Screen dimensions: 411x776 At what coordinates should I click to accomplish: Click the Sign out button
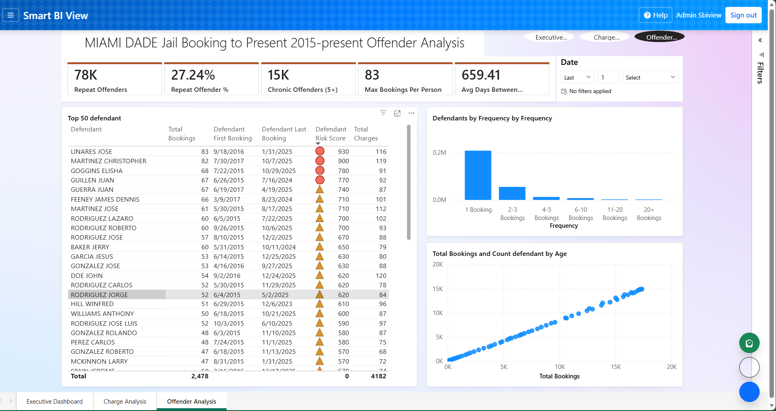[x=743, y=15]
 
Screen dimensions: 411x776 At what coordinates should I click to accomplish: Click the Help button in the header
[x=656, y=15]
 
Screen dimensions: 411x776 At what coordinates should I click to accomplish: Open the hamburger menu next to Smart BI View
[x=11, y=16]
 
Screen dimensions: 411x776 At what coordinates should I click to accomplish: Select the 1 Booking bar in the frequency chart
[x=478, y=176]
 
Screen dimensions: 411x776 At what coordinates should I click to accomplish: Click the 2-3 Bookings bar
[x=512, y=193]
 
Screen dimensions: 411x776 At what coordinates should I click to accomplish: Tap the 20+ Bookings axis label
[x=649, y=213]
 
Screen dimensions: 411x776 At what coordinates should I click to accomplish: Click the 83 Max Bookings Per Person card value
[x=372, y=75]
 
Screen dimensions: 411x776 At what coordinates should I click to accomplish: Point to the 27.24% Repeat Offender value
[x=193, y=75]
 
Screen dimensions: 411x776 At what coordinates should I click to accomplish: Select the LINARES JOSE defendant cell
[x=91, y=151]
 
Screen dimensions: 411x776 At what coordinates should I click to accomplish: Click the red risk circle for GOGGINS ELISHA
[x=320, y=171]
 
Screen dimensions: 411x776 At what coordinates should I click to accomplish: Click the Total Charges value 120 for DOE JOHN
[x=380, y=275]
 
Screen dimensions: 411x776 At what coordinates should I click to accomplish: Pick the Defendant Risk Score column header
[x=331, y=133]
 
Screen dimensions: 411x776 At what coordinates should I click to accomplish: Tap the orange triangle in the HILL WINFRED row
[x=320, y=304]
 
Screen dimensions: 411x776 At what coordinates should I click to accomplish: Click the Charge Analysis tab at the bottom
[x=125, y=401]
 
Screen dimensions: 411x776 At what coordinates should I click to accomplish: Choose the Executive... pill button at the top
[x=551, y=37]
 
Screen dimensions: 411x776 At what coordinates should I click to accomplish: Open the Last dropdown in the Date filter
[x=577, y=77]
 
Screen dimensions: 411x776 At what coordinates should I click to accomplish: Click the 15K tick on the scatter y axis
[x=437, y=289]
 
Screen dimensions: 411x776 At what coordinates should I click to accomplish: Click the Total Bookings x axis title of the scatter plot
[x=559, y=376]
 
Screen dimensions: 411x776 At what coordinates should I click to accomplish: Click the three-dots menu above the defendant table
[x=411, y=113]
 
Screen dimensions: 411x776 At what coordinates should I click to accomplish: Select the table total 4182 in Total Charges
[x=378, y=376]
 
